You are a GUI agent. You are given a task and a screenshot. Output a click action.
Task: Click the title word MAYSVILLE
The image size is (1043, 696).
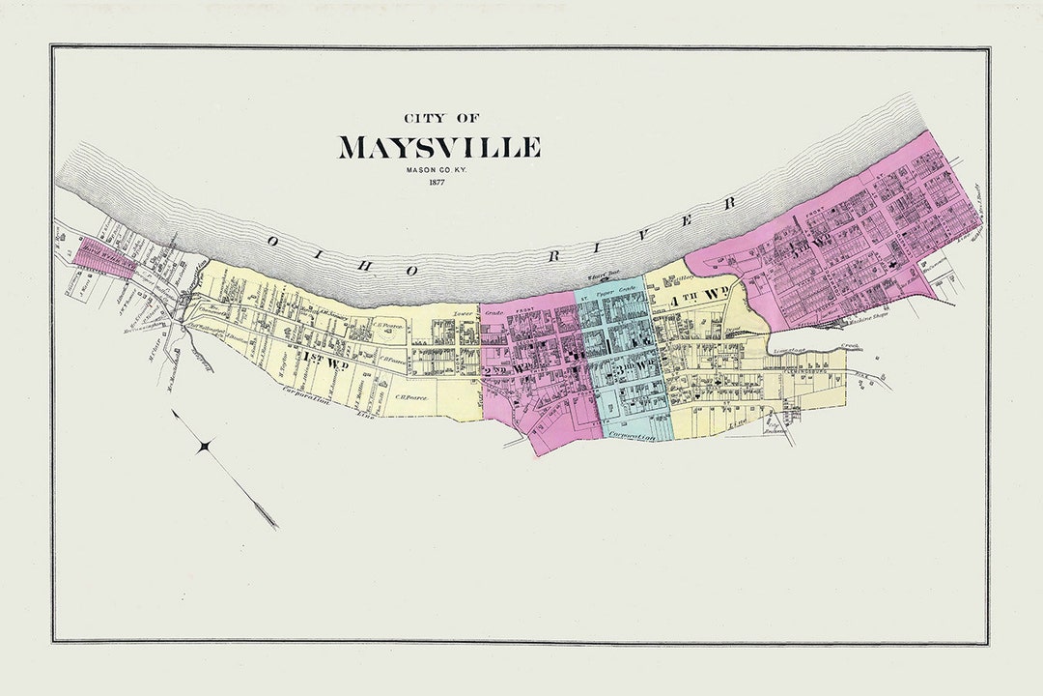pos(438,148)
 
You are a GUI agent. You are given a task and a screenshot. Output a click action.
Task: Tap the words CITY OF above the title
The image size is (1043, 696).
pos(439,118)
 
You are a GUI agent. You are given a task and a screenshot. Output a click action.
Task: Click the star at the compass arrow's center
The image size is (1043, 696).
pos(205,446)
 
